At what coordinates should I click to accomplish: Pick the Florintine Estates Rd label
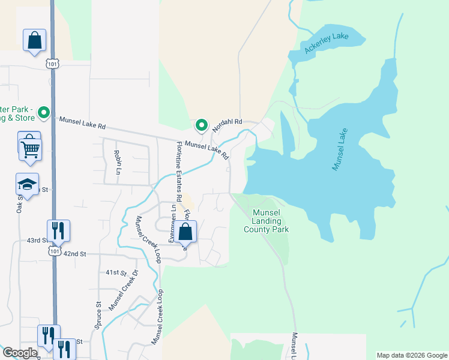(179, 172)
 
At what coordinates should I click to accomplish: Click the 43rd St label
(37, 241)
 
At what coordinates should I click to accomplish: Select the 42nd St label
(75, 254)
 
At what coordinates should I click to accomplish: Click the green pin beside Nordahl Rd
(202, 125)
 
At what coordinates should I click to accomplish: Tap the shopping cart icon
(31, 148)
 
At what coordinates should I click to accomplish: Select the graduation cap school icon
(27, 184)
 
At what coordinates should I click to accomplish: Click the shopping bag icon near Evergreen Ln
(187, 231)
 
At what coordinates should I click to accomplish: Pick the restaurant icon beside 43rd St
(58, 230)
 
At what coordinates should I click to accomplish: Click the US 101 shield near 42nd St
(55, 253)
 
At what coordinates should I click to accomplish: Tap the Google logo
(20, 353)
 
